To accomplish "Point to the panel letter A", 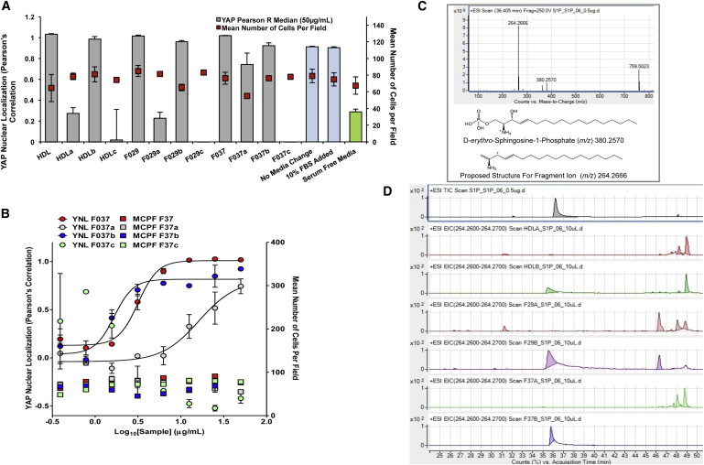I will click(7, 7).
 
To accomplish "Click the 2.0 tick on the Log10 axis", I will click(265, 422).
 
